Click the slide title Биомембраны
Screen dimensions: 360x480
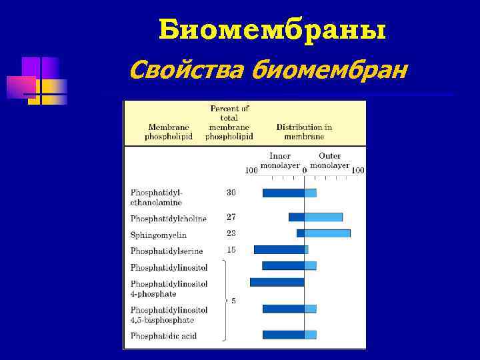click(273, 29)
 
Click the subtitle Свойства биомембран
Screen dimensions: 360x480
click(267, 68)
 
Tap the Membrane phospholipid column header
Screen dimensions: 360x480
click(168, 131)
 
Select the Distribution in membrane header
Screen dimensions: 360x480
click(304, 131)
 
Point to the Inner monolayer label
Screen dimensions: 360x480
click(279, 161)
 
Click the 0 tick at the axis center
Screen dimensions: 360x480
click(304, 171)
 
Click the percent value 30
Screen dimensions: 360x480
click(231, 193)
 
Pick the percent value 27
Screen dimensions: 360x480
click(231, 217)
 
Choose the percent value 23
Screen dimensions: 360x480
click(231, 233)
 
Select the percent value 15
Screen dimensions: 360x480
click(231, 250)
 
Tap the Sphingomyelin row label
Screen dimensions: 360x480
click(159, 235)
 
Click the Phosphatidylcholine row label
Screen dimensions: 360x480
click(169, 218)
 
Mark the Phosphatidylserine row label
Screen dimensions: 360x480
click(167, 251)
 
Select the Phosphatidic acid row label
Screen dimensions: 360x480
click(163, 336)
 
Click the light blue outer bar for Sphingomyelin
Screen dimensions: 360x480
click(327, 233)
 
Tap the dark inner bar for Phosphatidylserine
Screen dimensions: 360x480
click(279, 249)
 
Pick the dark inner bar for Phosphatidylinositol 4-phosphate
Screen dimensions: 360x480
click(277, 282)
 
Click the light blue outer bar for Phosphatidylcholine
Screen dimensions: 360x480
click(323, 217)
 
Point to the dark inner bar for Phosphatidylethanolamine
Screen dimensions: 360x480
click(283, 193)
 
